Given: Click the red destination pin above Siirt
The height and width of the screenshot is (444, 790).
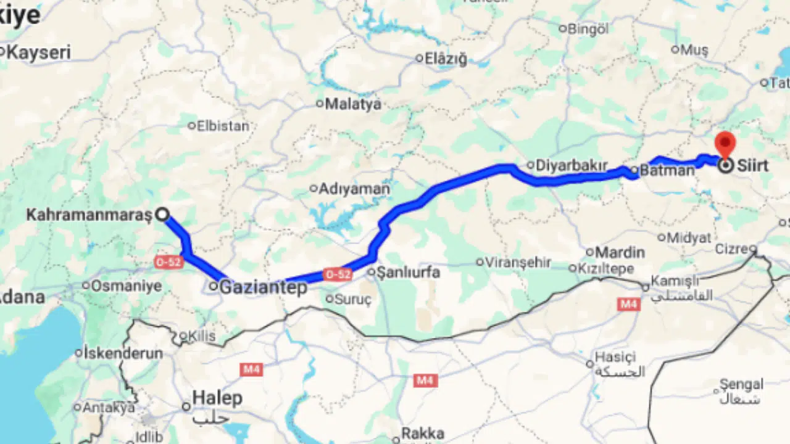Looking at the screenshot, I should pyautogui.click(x=725, y=143).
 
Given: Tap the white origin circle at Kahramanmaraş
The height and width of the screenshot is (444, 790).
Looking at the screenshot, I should pyautogui.click(x=162, y=215).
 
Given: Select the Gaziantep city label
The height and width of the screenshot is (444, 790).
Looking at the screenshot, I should pyautogui.click(x=264, y=287).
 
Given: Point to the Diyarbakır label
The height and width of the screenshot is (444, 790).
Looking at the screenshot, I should pyautogui.click(x=572, y=165).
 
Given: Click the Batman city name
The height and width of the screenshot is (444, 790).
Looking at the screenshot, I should pyautogui.click(x=667, y=170).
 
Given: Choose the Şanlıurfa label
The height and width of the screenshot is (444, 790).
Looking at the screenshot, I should pyautogui.click(x=408, y=272).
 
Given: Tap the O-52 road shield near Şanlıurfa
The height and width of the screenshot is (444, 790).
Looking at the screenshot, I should pyautogui.click(x=338, y=274).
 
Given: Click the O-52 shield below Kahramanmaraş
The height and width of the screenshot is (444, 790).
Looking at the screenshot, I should pyautogui.click(x=168, y=262).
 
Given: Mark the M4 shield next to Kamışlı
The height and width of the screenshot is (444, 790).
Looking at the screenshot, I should pyautogui.click(x=628, y=303).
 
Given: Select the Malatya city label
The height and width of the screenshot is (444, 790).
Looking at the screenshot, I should pyautogui.click(x=353, y=104).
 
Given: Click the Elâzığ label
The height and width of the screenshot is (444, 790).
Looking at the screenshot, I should pyautogui.click(x=445, y=59).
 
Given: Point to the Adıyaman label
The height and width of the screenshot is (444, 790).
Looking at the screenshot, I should pyautogui.click(x=354, y=189).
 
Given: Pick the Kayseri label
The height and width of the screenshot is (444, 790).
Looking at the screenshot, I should pyautogui.click(x=38, y=52).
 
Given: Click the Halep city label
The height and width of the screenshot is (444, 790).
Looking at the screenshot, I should pyautogui.click(x=217, y=398).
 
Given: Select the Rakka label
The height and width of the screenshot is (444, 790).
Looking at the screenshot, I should pyautogui.click(x=423, y=434).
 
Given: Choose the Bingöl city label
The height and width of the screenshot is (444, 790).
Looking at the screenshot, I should pyautogui.click(x=588, y=28).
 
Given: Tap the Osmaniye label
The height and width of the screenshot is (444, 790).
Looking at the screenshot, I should pyautogui.click(x=126, y=286).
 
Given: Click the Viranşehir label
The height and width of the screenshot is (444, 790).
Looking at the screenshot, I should pyautogui.click(x=517, y=262).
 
